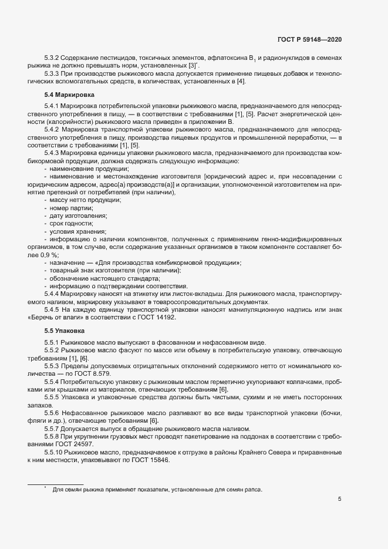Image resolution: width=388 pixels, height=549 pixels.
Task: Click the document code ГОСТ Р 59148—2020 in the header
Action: pyautogui.click(x=309, y=39)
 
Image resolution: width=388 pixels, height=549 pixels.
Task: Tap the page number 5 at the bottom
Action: pyautogui.click(x=340, y=499)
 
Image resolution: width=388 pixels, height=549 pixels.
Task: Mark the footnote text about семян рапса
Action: pyautogui.click(x=157, y=473)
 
